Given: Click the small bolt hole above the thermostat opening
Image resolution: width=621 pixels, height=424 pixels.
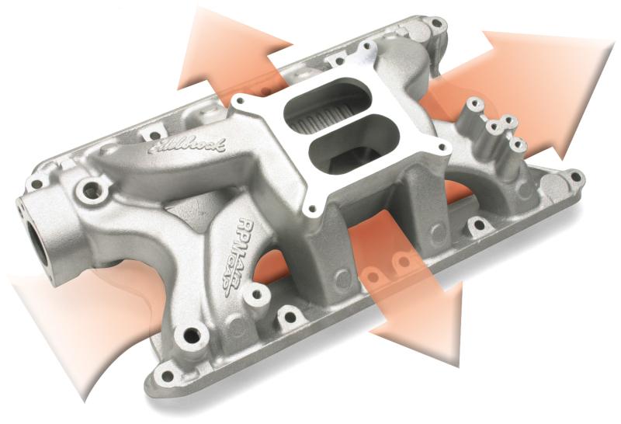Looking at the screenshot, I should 36,184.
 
